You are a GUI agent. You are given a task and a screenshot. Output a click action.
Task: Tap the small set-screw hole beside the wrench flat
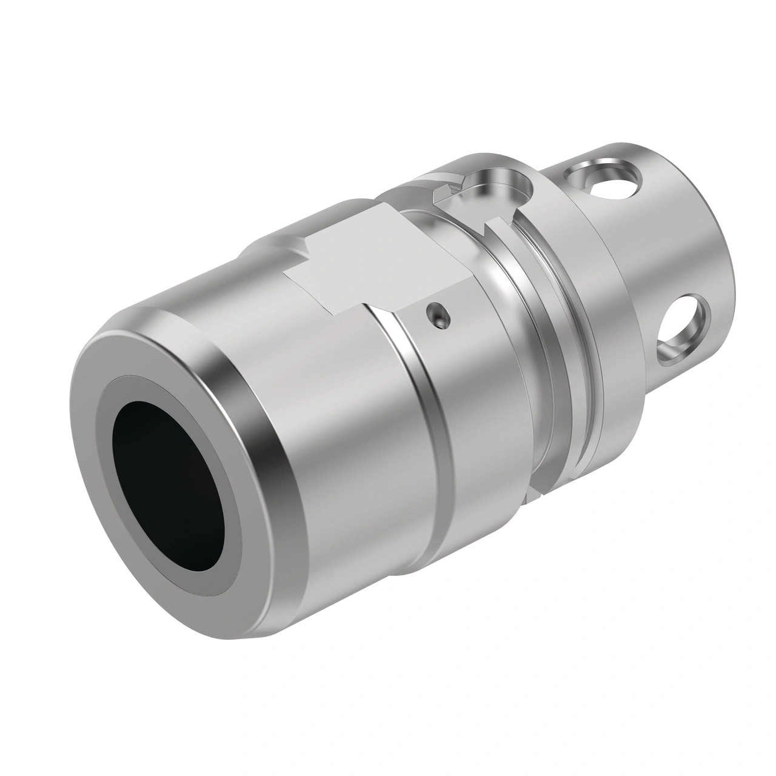[437, 315]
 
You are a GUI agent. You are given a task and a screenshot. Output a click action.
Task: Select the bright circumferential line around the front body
[418, 388]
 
